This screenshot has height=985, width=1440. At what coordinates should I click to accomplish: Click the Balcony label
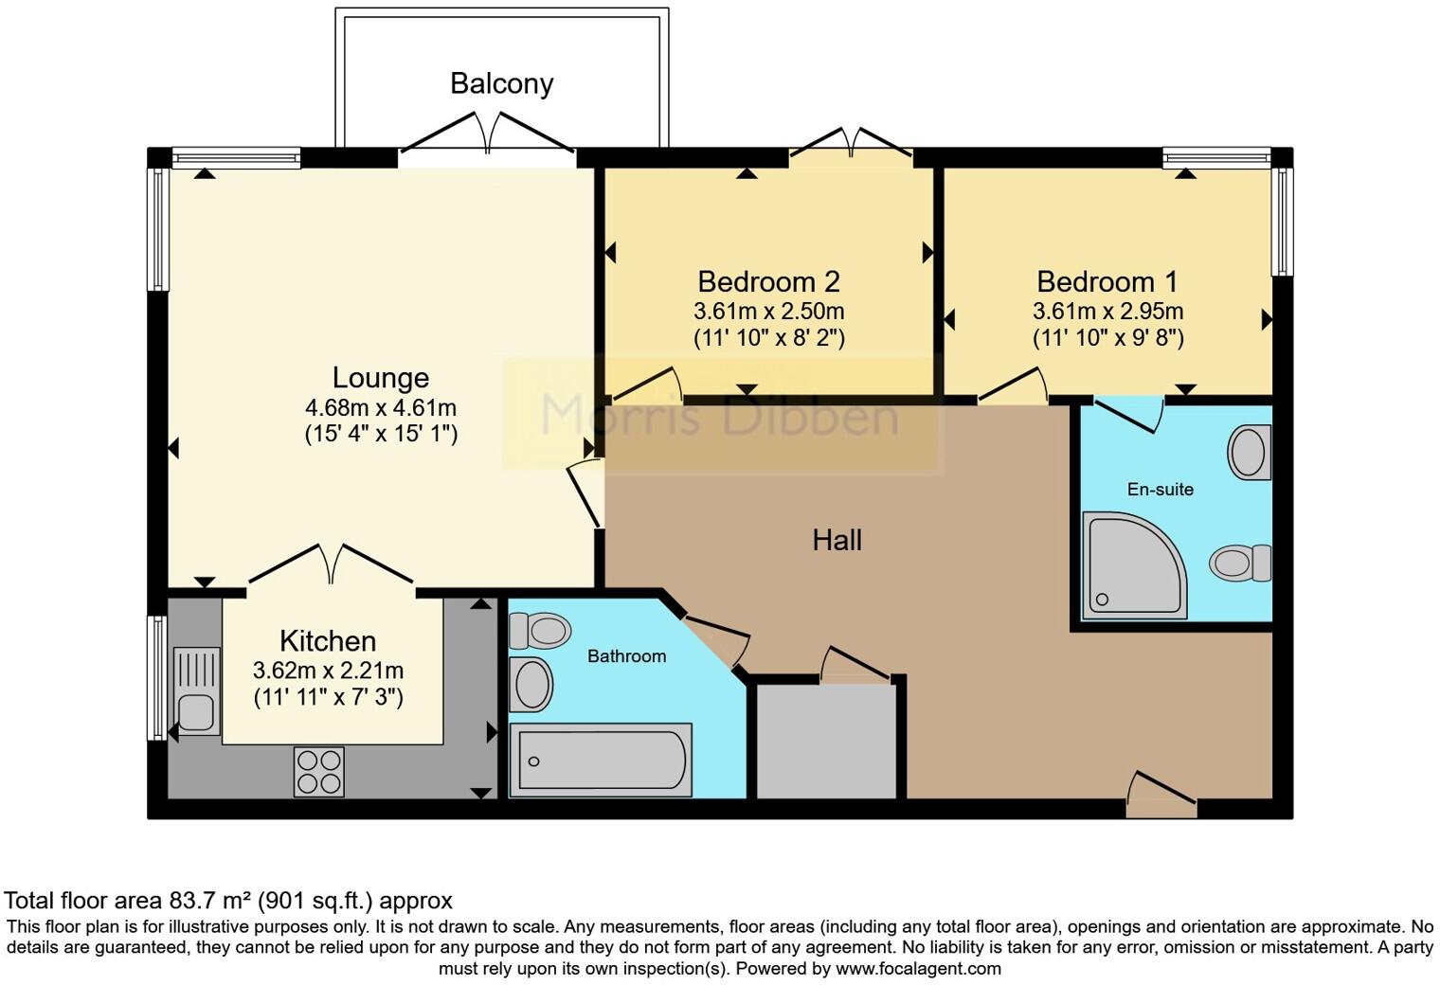click(501, 83)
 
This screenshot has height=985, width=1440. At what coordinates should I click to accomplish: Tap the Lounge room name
click(380, 378)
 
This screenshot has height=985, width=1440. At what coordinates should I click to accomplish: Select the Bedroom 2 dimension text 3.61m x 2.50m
click(768, 311)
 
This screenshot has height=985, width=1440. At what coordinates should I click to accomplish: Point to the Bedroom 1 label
click(1107, 281)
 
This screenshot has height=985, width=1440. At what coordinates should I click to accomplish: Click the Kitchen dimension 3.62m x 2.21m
click(328, 671)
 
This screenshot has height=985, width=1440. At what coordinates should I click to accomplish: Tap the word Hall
click(837, 540)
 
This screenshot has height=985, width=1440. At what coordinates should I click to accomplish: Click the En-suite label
click(1160, 489)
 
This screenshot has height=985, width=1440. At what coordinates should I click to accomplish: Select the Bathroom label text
click(626, 655)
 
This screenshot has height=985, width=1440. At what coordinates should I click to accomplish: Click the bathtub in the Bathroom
click(600, 761)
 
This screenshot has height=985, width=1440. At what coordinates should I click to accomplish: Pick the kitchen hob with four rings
click(318, 772)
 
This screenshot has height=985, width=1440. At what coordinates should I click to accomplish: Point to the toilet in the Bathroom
click(540, 630)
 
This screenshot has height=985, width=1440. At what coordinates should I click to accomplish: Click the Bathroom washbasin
click(531, 684)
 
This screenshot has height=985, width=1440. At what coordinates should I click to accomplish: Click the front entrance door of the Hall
click(1161, 796)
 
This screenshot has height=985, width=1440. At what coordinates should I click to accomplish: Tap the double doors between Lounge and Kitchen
click(331, 568)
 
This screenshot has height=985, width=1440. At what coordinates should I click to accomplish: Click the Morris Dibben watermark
click(720, 415)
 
